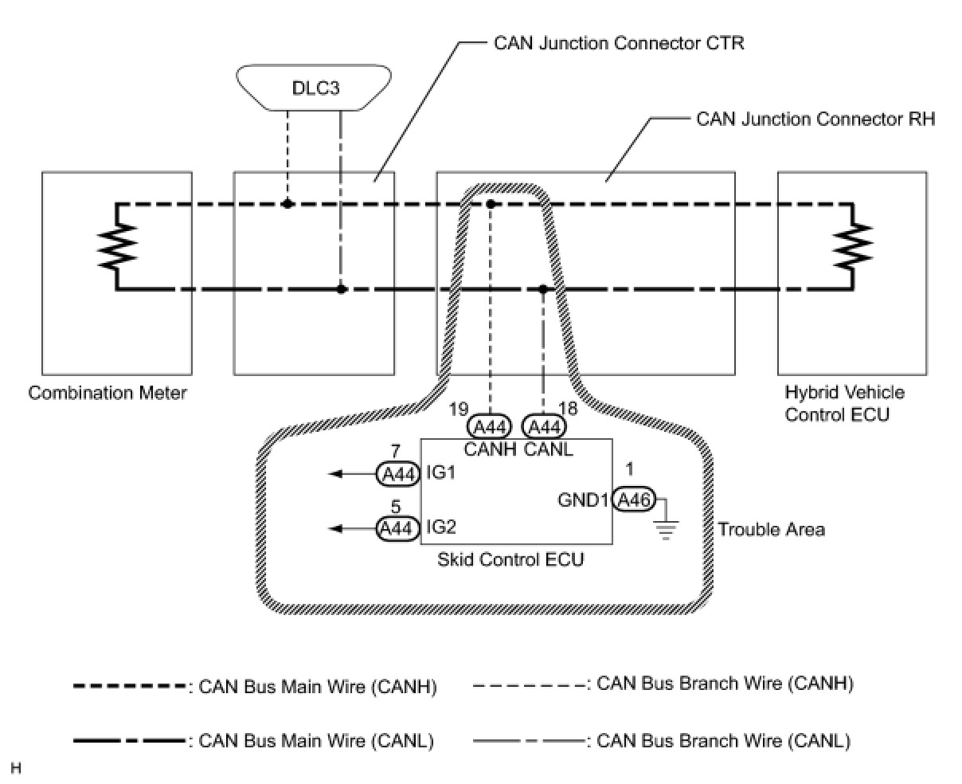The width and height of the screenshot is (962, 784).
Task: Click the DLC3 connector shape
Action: [x=314, y=87]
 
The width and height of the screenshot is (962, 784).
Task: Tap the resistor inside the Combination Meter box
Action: [x=117, y=246]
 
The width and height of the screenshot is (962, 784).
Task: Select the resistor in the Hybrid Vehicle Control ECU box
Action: [x=853, y=245]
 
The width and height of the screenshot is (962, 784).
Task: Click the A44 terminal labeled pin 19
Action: [x=489, y=426]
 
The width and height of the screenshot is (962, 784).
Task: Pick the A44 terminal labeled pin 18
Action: [x=544, y=426]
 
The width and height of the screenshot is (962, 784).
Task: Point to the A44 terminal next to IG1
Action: [x=398, y=474]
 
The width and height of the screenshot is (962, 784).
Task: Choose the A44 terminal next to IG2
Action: [x=398, y=528]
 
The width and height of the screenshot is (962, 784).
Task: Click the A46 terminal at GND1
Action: [x=633, y=500]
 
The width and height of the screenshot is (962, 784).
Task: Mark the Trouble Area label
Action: [x=772, y=530]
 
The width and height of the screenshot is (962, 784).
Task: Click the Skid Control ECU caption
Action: [x=510, y=560]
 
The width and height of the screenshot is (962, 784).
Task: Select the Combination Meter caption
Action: [x=108, y=393]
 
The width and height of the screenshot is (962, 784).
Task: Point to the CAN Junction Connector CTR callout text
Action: [x=619, y=43]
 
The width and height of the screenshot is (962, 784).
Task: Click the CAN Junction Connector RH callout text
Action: [x=815, y=119]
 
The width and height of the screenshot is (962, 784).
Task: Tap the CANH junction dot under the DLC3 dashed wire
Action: [x=287, y=204]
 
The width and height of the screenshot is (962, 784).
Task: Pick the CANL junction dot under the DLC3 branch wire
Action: [x=342, y=288]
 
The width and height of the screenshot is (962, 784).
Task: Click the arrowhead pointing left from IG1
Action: [x=334, y=473]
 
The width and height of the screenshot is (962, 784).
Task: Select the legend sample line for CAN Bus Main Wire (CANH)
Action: [x=129, y=686]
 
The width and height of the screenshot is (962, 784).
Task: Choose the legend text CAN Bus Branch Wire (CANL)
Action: [x=724, y=741]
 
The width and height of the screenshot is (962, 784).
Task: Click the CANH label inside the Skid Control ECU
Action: [x=490, y=449]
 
